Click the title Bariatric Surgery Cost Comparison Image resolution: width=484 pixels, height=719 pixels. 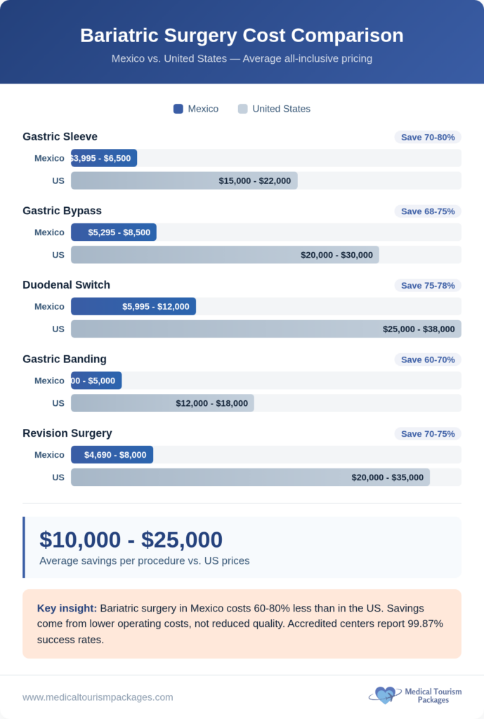tap(242, 36)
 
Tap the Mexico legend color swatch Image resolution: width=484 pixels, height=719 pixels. tap(178, 109)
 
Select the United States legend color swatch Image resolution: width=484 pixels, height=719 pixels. tap(242, 109)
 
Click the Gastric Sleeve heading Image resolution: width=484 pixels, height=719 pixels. tap(60, 136)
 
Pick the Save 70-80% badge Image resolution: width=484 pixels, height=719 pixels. tap(428, 137)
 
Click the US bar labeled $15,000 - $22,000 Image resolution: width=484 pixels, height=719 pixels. tap(184, 180)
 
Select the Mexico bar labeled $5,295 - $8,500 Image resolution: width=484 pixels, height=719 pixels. tap(114, 232)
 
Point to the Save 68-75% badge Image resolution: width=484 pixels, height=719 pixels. tap(428, 211)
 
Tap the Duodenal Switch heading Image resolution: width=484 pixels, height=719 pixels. tap(66, 284)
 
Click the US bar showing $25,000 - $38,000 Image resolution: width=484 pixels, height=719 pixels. tap(266, 329)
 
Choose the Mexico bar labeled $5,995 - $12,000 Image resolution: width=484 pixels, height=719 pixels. tap(133, 306)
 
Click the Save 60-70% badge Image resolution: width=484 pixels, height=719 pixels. tap(428, 359)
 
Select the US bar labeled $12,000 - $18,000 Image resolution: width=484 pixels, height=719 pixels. tap(162, 403)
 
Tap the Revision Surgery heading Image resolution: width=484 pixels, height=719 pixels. tap(67, 433)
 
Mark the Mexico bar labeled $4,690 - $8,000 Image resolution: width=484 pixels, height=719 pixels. tap(112, 454)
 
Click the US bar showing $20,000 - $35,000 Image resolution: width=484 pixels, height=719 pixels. tap(250, 477)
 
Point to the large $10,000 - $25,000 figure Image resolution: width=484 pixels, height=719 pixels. tap(131, 539)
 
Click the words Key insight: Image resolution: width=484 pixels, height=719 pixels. tap(67, 608)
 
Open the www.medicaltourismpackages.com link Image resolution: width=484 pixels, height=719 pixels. tap(98, 697)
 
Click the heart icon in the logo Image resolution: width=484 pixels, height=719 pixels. tap(384, 695)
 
